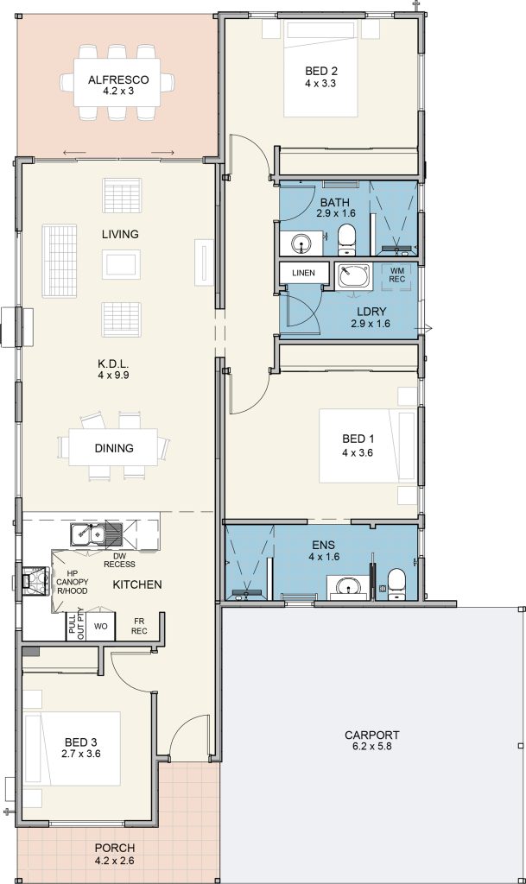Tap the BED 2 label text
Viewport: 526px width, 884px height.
[320, 71]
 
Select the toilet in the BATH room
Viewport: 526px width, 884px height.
[347, 241]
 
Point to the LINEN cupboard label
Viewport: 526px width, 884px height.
[303, 273]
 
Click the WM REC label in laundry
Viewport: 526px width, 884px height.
[397, 275]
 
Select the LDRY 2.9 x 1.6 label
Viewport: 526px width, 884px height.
[370, 317]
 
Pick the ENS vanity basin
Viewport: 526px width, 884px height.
[348, 587]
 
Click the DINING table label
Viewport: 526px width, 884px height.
[114, 448]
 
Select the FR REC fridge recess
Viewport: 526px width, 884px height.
[137, 625]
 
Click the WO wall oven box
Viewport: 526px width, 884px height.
[100, 625]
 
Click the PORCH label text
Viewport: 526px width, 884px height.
[114, 848]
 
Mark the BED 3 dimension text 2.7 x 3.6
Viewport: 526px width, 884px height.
[83, 755]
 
